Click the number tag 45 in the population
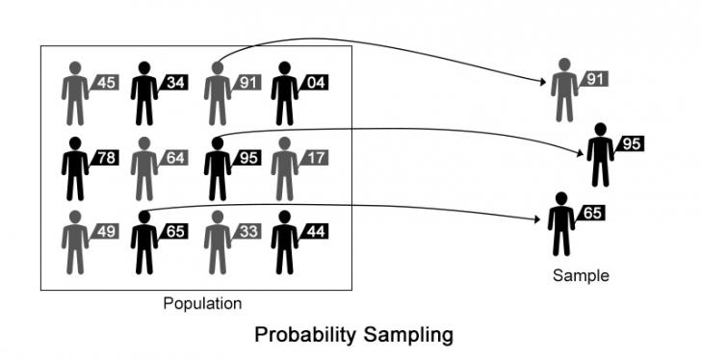point(106,83)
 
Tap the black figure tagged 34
point(144,93)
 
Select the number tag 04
point(316,83)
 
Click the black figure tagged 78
point(74,168)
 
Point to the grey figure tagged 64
point(144,168)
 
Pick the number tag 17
point(316,157)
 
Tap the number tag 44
point(316,231)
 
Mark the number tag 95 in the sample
point(631,144)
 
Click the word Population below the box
point(202,304)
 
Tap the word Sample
point(581,275)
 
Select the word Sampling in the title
point(408,336)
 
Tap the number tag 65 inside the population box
point(175,231)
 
